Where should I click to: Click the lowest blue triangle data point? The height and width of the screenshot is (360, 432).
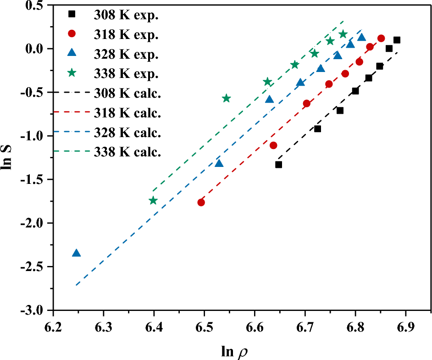[76, 253]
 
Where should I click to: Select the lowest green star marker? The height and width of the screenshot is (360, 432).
[153, 200]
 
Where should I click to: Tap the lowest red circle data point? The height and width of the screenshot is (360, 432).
[201, 202]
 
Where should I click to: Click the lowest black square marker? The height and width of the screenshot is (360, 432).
[278, 165]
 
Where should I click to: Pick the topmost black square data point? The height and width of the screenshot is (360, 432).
[397, 40]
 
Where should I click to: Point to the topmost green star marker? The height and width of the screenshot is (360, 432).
[343, 34]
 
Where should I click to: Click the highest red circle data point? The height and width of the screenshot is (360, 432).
[381, 38]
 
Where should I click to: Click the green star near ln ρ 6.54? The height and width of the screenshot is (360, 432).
[226, 98]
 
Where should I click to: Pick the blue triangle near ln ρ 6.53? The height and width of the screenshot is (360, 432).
[219, 163]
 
